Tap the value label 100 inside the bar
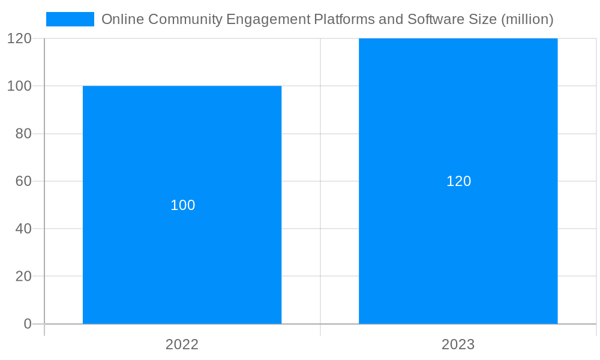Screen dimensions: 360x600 coord(183,205)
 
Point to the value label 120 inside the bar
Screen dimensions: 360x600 coord(458,181)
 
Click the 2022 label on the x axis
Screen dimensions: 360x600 coord(182,344)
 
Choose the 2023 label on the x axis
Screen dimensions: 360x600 coord(458,344)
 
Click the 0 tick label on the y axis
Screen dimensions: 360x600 coord(28,324)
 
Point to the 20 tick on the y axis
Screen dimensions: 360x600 coord(23,277)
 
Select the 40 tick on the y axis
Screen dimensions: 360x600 coord(23,229)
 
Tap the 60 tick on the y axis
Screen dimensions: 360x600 coord(23,181)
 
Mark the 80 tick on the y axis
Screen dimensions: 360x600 coord(23,134)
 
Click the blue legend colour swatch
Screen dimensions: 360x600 coord(70,19)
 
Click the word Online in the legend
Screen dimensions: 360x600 coord(122,19)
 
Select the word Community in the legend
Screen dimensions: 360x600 coord(185,19)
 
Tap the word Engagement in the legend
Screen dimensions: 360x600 coord(268,19)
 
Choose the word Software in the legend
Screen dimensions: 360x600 coord(432,19)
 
